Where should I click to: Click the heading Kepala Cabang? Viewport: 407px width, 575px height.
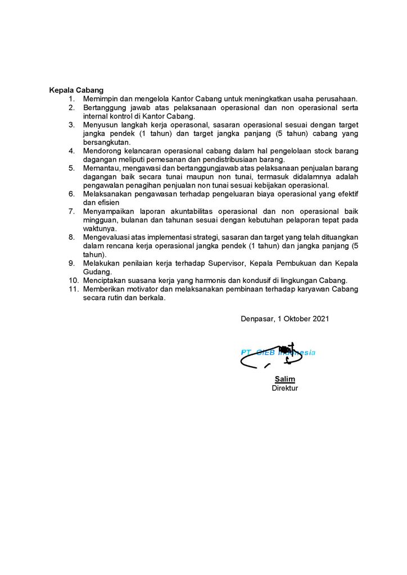(76, 90)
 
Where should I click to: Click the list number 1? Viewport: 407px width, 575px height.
(71, 98)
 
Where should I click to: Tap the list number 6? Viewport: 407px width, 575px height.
(71, 194)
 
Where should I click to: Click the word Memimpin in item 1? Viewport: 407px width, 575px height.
(100, 98)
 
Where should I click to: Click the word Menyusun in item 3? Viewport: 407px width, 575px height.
(100, 124)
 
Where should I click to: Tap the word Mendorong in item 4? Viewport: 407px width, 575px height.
(102, 150)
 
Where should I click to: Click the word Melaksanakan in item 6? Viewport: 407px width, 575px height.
(106, 194)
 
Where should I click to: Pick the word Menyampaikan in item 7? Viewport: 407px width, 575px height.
(107, 211)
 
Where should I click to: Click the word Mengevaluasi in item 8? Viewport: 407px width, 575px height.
(106, 237)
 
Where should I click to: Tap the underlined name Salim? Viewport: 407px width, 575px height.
(285, 380)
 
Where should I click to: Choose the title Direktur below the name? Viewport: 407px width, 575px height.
(285, 388)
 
